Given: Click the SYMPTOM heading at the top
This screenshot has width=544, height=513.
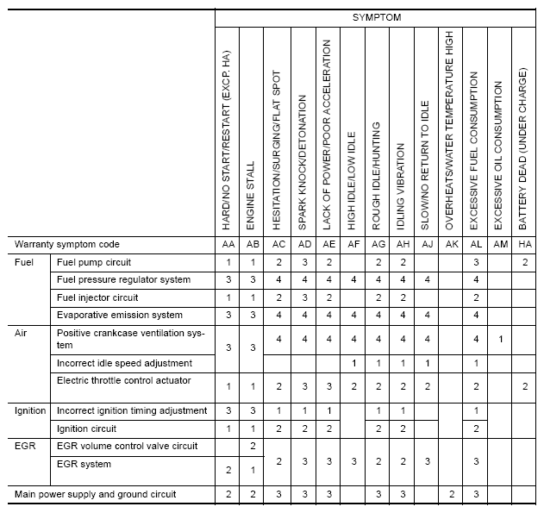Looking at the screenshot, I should point(376,17).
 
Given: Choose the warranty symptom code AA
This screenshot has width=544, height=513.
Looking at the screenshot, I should point(227,245).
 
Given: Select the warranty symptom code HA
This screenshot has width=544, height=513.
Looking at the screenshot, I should point(525,245).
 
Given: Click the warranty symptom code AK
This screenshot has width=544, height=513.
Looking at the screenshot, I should point(451,245).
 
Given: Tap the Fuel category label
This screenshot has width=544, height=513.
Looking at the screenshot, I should point(24,261).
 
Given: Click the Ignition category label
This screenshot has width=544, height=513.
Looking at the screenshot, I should point(31,410).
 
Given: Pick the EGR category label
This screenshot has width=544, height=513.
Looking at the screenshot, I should point(26,446).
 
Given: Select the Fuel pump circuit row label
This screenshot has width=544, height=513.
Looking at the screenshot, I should point(95,261).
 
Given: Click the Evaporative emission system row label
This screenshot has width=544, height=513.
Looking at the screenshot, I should point(120,315).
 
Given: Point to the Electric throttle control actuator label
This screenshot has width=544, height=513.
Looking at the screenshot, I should point(123,380).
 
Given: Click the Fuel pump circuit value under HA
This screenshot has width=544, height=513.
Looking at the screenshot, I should point(525,261).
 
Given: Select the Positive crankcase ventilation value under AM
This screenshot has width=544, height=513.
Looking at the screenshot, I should point(500,339).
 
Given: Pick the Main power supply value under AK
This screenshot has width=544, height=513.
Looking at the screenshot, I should point(451,494).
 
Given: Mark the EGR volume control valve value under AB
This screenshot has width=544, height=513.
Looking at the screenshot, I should point(251,446).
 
